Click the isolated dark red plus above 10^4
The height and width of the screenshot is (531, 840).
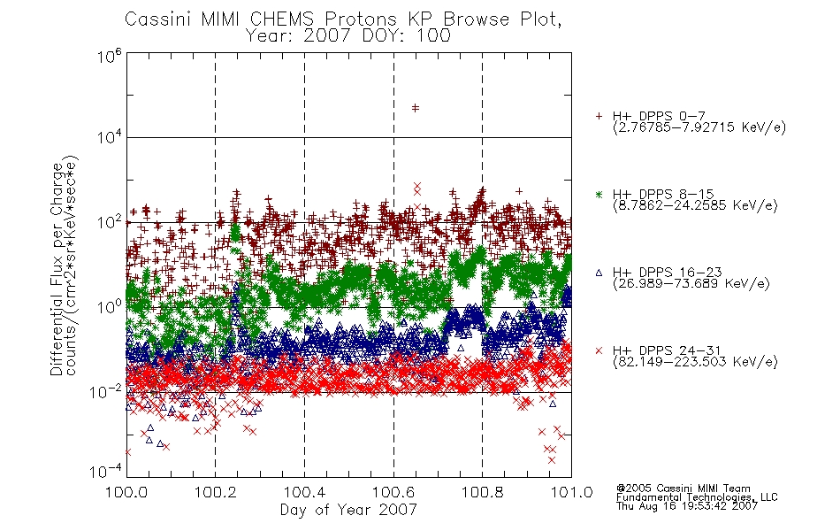[416, 108]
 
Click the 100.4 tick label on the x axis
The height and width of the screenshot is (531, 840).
[304, 492]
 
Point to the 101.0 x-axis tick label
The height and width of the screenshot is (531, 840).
[571, 492]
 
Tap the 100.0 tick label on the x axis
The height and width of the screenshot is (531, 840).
[126, 492]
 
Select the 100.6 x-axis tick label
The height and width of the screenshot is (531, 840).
[393, 492]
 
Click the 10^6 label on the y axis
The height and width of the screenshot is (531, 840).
[110, 56]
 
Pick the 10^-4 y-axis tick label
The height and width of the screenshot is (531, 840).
[106, 472]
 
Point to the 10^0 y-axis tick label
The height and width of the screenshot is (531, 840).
[110, 307]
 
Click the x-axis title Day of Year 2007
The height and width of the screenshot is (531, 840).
[348, 510]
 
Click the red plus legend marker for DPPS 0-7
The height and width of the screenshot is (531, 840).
[599, 116]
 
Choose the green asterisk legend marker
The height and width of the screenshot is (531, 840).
[599, 194]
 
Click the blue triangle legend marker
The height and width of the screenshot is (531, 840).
[599, 273]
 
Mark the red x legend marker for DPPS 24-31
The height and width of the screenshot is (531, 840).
[599, 350]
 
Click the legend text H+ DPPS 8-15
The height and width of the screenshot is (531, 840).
[663, 194]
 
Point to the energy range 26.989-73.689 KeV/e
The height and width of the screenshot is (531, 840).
[691, 283]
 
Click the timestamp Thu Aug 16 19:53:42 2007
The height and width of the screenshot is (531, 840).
[687, 505]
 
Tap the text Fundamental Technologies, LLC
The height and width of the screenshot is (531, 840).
[697, 497]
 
